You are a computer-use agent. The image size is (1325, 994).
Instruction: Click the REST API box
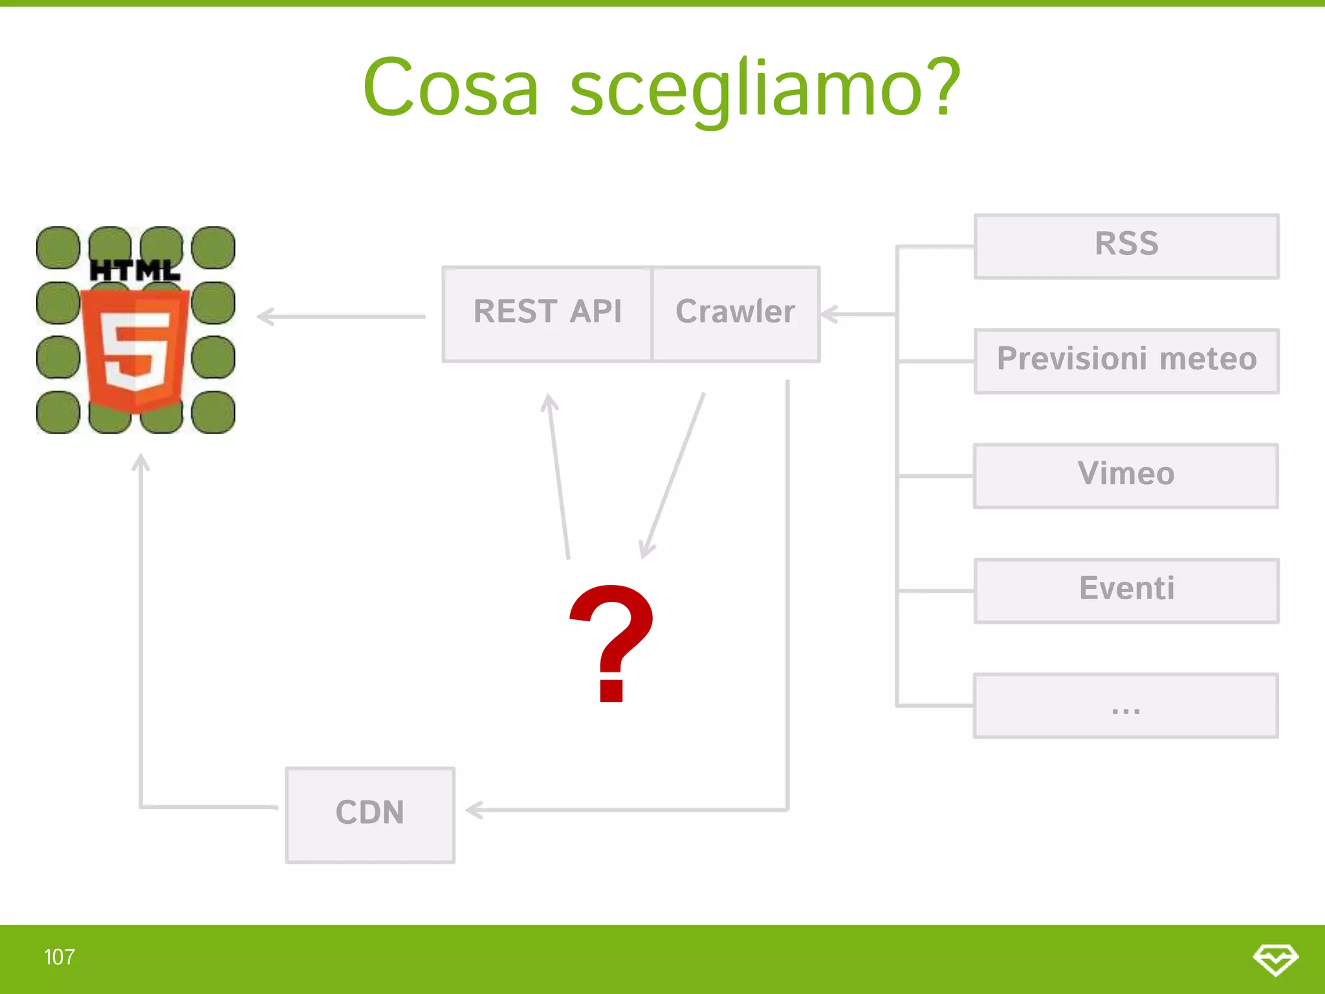pyautogui.click(x=547, y=314)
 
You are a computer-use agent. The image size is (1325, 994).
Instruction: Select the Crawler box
pyautogui.click(x=736, y=314)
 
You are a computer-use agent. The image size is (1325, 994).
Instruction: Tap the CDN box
pyautogui.click(x=370, y=814)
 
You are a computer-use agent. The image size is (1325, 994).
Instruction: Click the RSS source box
pyautogui.click(x=1126, y=246)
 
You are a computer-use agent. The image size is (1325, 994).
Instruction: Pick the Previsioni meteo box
pyautogui.click(x=1126, y=360)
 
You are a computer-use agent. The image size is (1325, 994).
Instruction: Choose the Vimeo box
pyautogui.click(x=1126, y=476)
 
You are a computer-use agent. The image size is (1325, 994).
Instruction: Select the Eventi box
pyautogui.click(x=1126, y=590)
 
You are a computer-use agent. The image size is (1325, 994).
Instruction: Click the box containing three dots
pyautogui.click(x=1126, y=705)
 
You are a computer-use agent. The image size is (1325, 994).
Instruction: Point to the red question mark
pyautogui.click(x=611, y=641)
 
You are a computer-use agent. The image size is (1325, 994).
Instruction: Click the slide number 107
pyautogui.click(x=60, y=957)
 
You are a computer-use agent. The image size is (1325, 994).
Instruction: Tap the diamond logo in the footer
pyautogui.click(x=1275, y=958)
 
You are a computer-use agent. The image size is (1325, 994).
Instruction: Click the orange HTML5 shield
pyautogui.click(x=135, y=349)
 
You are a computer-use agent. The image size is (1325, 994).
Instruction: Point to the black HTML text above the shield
pyautogui.click(x=135, y=271)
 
